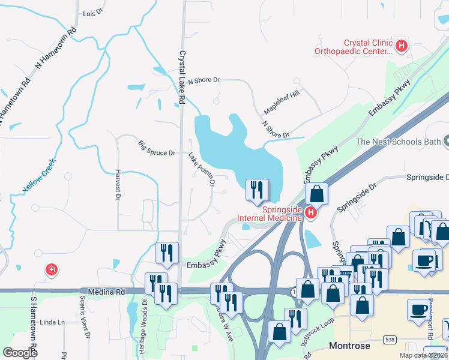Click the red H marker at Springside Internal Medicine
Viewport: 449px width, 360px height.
310,212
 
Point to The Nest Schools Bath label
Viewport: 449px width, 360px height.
398,142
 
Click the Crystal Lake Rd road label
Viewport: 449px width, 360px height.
182,77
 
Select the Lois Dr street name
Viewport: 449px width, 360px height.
93,13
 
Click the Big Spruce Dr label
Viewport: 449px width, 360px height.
156,149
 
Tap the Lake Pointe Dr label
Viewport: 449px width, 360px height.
201,169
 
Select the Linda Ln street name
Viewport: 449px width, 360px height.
52,322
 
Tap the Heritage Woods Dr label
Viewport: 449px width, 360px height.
143,331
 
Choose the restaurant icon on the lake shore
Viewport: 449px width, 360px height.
256,190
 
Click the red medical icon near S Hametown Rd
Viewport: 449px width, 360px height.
52,270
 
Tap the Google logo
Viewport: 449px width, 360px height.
20,352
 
